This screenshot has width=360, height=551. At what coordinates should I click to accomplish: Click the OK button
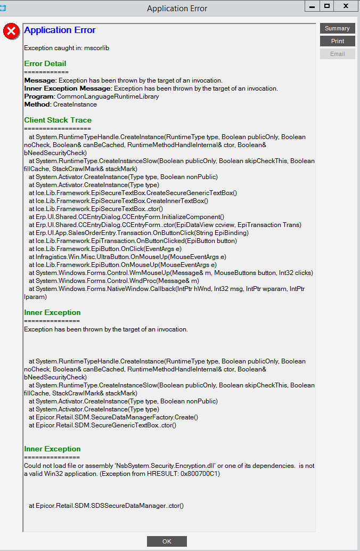click(x=167, y=541)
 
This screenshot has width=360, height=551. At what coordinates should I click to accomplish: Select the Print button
click(x=337, y=41)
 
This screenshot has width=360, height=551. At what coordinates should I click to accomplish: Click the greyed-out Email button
click(x=337, y=54)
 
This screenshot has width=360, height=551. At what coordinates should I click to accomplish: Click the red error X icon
click(x=11, y=31)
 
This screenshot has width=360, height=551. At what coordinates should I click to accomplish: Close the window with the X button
click(x=346, y=6)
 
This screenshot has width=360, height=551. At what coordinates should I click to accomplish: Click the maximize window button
click(x=327, y=6)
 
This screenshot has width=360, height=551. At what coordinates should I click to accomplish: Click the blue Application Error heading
click(x=60, y=30)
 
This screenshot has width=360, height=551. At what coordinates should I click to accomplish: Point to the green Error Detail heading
click(x=45, y=63)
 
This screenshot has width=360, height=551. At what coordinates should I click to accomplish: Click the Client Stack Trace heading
click(x=58, y=120)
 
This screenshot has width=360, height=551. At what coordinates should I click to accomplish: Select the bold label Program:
click(x=39, y=96)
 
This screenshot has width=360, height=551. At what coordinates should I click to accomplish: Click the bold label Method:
click(x=38, y=104)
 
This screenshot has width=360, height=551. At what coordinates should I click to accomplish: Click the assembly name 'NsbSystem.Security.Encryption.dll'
click(x=179, y=465)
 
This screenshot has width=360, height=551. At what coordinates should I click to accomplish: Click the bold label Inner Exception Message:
click(x=68, y=88)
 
